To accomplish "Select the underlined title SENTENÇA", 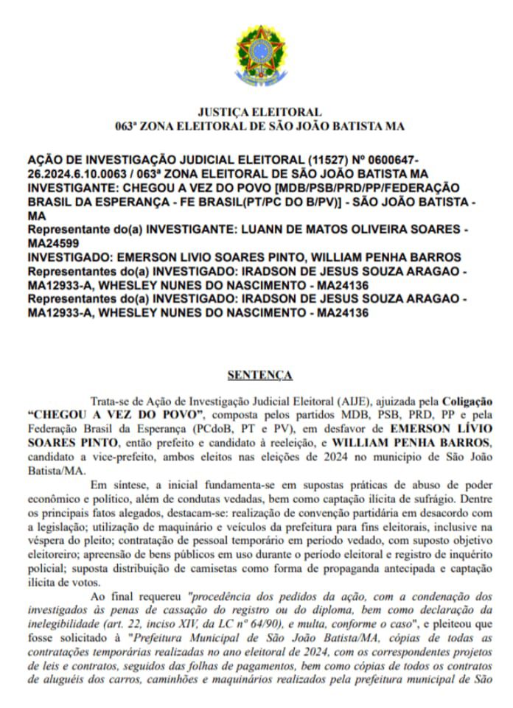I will point(260,375).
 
